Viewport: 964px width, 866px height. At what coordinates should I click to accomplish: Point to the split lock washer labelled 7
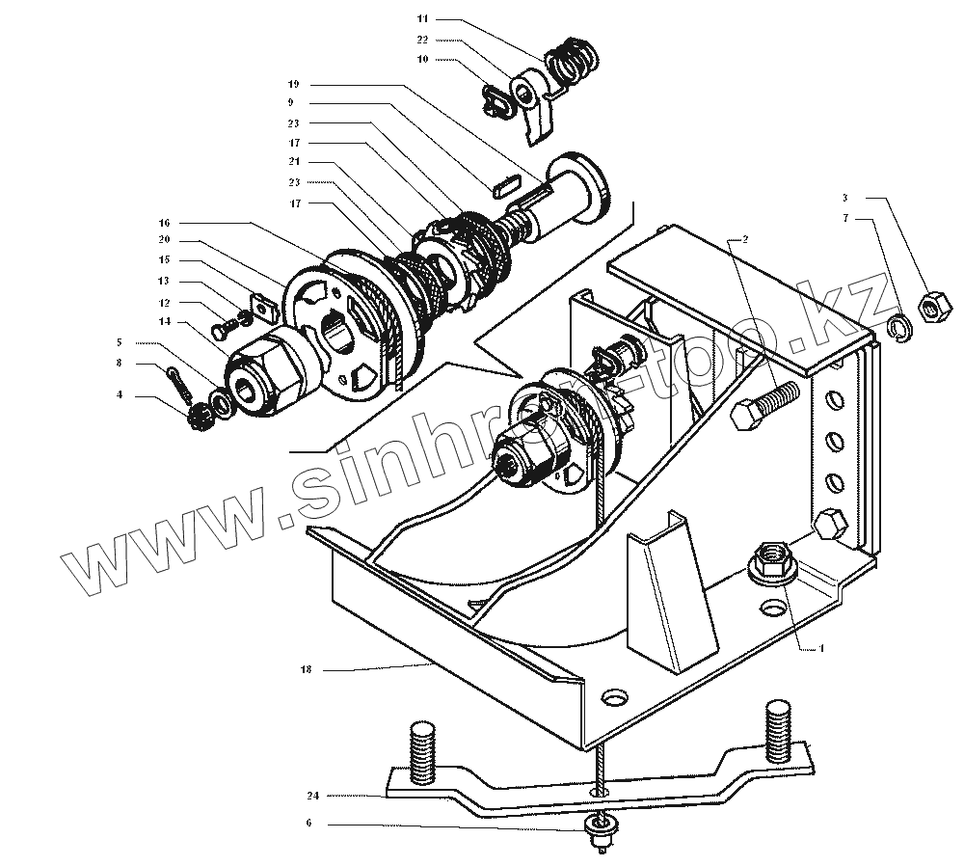tap(897, 330)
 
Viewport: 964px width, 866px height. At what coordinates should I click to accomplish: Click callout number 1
tap(822, 649)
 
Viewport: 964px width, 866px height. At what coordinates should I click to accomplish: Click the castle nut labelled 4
tap(201, 417)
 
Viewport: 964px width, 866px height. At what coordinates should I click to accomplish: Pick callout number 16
tap(165, 222)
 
